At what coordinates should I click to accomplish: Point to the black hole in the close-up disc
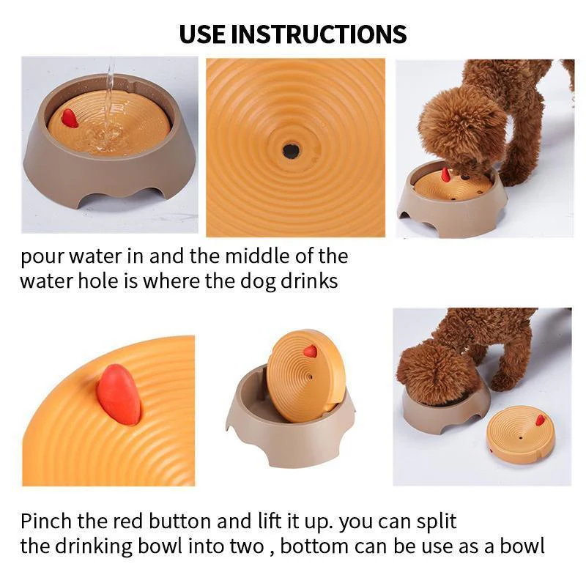[x=292, y=152]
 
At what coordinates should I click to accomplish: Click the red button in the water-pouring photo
[x=70, y=117]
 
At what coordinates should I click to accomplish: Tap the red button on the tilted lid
[x=310, y=352]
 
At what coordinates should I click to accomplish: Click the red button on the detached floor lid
[x=541, y=420]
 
